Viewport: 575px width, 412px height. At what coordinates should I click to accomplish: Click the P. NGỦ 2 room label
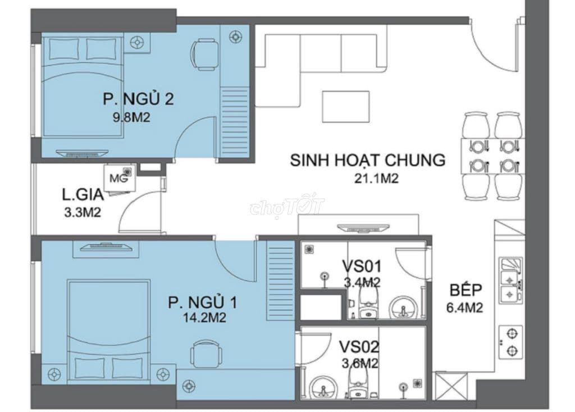click(137, 99)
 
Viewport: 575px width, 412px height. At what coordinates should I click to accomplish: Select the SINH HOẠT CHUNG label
click(367, 160)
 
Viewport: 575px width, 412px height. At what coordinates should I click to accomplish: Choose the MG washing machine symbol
click(117, 179)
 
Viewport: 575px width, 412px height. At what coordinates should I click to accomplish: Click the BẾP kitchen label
click(464, 291)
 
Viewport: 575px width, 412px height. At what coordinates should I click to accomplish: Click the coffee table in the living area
click(345, 106)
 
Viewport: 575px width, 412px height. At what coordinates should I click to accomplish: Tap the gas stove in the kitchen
click(510, 342)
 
